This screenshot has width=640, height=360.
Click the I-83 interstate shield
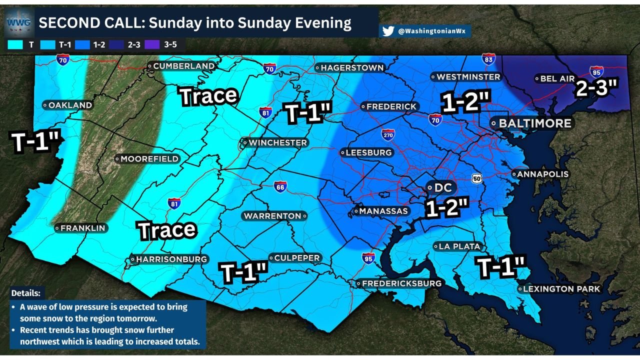coord(488,59)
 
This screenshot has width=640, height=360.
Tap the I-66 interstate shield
coord(280,186)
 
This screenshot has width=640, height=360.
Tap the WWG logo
coord(19,22)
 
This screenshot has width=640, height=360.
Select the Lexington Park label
coord(561,289)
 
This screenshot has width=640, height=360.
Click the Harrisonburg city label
coord(171,259)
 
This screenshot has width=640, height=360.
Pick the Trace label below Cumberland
coord(208,95)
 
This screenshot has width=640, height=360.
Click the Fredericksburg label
coord(401,283)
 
